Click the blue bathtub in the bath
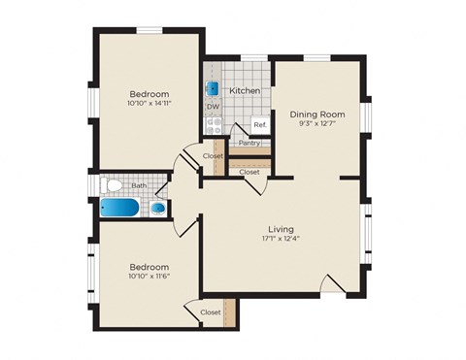pyautogui.click(x=121, y=208)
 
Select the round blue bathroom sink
pyautogui.click(x=157, y=208)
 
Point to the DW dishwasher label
pyautogui.click(x=212, y=107)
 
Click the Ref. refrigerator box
pyautogui.click(x=259, y=125)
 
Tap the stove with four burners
pyautogui.click(x=214, y=125)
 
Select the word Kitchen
pyautogui.click(x=244, y=90)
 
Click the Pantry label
pyautogui.click(x=250, y=142)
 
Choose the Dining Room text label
pyautogui.click(x=316, y=114)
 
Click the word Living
pyautogui.click(x=283, y=229)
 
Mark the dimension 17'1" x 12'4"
pyautogui.click(x=283, y=240)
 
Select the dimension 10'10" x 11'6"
pyautogui.click(x=149, y=277)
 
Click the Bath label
pyautogui.click(x=139, y=184)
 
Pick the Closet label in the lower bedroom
pyautogui.click(x=210, y=312)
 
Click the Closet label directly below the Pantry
pyautogui.click(x=250, y=172)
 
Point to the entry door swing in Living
pyautogui.click(x=331, y=283)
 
